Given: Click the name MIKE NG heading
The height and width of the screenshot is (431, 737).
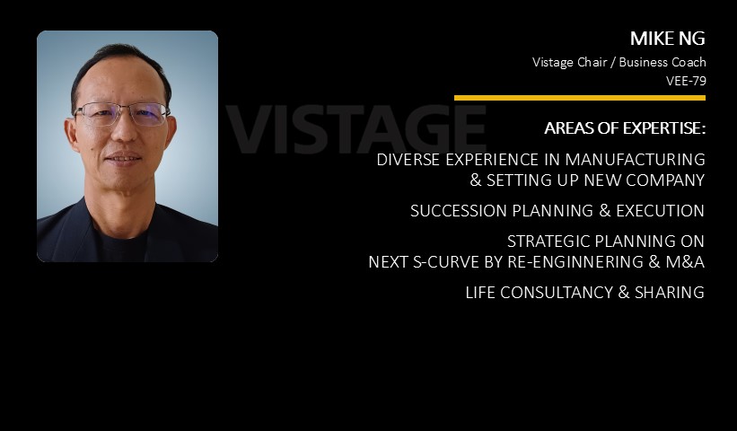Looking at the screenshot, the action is (x=668, y=39).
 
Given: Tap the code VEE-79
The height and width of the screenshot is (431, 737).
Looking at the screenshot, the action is (x=686, y=81).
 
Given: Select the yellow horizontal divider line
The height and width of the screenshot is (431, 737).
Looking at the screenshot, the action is (x=580, y=98).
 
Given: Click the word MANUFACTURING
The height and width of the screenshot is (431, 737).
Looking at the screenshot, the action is (x=635, y=159).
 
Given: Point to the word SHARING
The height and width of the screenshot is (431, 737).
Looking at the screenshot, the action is (x=670, y=293).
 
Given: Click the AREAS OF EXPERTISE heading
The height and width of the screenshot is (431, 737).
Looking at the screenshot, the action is (x=625, y=128).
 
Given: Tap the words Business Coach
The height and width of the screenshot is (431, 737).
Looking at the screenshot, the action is (x=662, y=62).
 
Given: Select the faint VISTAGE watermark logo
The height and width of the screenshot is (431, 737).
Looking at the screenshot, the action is (x=355, y=129).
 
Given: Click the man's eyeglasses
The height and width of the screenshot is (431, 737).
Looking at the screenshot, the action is (x=121, y=114).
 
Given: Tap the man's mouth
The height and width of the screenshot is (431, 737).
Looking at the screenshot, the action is (x=122, y=158).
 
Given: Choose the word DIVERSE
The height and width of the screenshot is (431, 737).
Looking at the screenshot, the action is (x=408, y=159).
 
